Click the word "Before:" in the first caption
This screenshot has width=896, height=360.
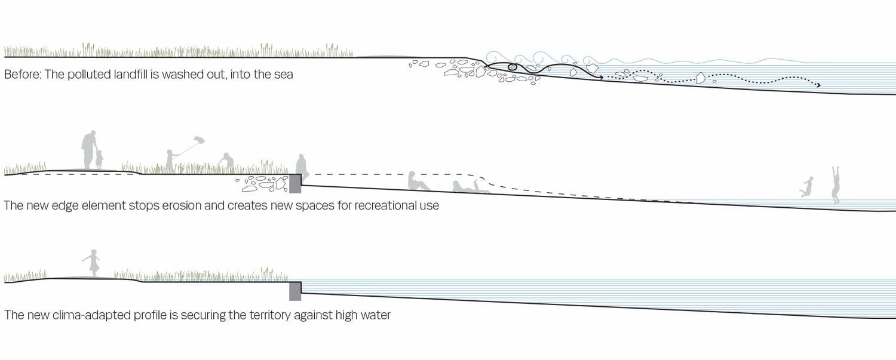tap(21, 76)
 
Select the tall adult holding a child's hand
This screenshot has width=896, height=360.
tap(88, 149)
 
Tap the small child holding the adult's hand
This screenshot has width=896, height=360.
tap(99, 159)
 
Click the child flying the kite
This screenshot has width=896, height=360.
tap(170, 161)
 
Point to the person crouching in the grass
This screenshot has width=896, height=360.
tap(225, 162)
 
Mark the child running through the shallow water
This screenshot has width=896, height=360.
tap(808, 187)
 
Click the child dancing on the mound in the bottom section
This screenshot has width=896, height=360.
tap(93, 263)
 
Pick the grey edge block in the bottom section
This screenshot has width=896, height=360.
tap(294, 291)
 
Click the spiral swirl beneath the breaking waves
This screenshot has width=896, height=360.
tap(511, 67)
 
